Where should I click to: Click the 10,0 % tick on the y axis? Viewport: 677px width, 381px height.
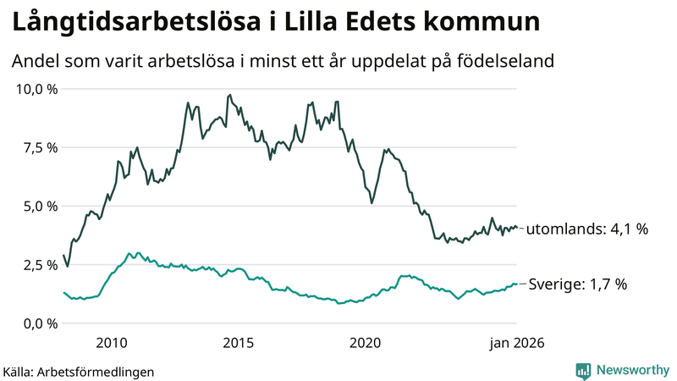point(34,89)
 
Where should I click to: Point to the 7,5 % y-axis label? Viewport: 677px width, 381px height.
point(37,147)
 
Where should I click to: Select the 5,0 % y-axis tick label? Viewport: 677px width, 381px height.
point(37,206)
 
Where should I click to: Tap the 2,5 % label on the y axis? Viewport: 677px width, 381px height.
point(37,265)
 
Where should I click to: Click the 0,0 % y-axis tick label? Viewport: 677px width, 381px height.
point(37,323)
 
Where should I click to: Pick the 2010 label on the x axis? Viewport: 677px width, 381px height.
point(112,343)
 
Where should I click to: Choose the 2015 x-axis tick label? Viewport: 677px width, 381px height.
point(239,343)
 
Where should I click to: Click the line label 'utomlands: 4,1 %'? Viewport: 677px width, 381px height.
point(588,229)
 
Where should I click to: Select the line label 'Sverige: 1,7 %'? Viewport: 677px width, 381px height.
point(578,284)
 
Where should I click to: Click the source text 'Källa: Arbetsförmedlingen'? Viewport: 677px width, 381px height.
point(79,371)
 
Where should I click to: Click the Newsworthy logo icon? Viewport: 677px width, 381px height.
point(584,370)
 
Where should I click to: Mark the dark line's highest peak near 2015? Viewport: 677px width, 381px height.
point(230,95)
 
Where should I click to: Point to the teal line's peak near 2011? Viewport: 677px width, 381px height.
point(129,252)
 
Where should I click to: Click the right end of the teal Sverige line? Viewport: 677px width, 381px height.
point(517,284)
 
